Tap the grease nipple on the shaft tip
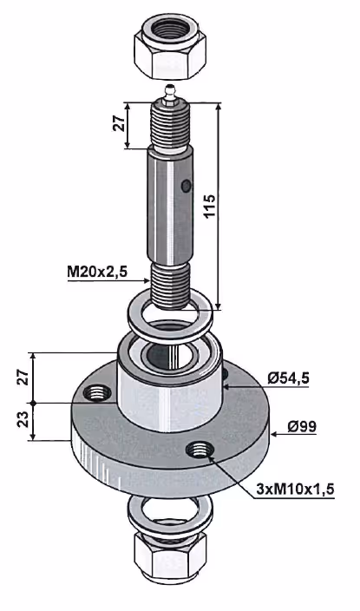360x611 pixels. [x=170, y=95]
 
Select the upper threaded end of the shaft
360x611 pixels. [x=169, y=125]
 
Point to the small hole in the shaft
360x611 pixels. [x=187, y=186]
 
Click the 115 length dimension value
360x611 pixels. [x=209, y=206]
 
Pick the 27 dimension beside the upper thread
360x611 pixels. [x=121, y=123]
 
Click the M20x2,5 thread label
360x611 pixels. [x=97, y=271]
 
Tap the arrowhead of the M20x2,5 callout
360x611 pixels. [x=147, y=280]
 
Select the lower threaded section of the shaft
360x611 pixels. [x=170, y=286]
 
